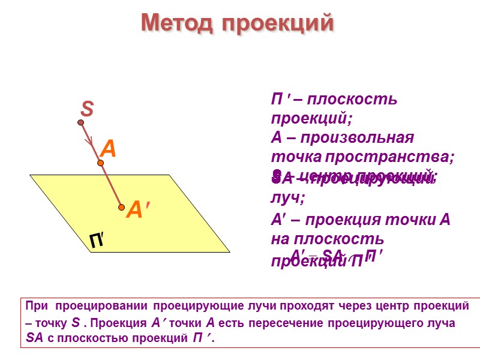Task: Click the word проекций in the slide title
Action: pyautogui.click(x=277, y=23)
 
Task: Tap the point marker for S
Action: pyautogui.click(x=80, y=123)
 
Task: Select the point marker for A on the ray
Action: pyautogui.click(x=101, y=163)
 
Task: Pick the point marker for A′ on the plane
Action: pyautogui.click(x=121, y=208)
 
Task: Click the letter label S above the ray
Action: pyautogui.click(x=88, y=110)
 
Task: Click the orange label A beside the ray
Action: pyautogui.click(x=107, y=148)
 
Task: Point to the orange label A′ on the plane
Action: pyautogui.click(x=138, y=209)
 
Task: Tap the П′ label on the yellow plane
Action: pyautogui.click(x=98, y=241)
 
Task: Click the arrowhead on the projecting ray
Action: pyautogui.click(x=91, y=142)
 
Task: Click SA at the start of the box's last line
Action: pyautogui.click(x=35, y=338)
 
